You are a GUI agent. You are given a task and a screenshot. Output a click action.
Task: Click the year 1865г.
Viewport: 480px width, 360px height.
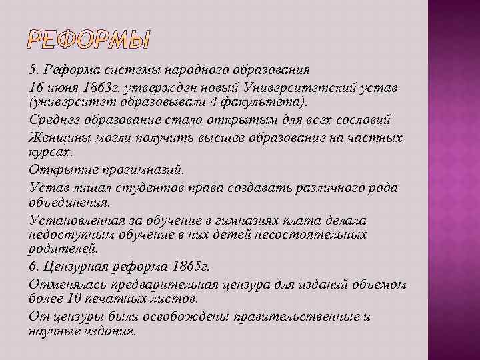[x=191, y=267]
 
